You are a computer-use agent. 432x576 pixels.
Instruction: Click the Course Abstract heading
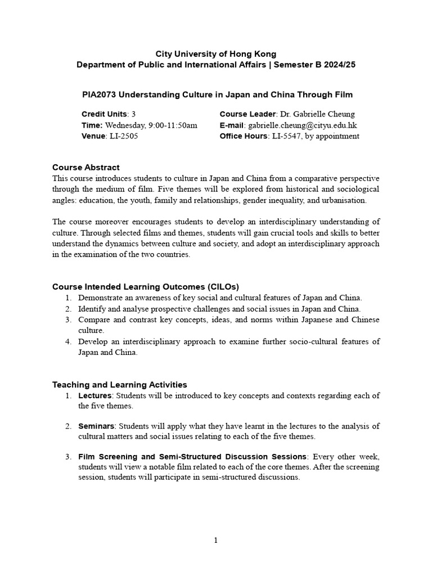86,167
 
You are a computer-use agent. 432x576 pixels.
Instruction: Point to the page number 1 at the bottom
215,541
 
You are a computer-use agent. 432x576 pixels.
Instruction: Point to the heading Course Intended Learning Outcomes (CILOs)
150,287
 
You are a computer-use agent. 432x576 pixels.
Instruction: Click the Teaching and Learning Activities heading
119,385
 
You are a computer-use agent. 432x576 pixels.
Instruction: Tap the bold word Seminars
97,426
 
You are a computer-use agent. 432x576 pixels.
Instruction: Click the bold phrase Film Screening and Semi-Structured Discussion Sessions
192,456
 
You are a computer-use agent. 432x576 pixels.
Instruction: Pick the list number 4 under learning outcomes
67,342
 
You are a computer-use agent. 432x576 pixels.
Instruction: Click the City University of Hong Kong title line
216,54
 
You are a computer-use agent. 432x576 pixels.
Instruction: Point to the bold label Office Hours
243,136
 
